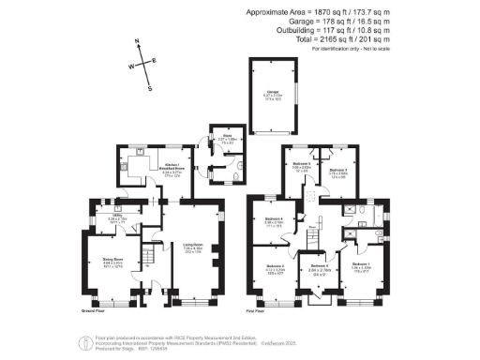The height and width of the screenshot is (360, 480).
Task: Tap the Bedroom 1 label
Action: [360, 265]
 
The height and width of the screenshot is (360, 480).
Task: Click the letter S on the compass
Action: [149, 89]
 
